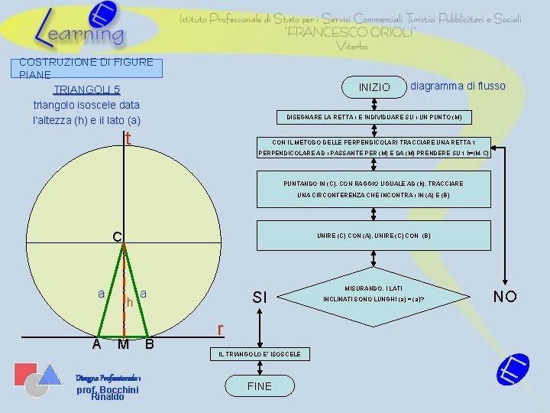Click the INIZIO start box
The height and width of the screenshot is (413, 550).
click(x=374, y=87)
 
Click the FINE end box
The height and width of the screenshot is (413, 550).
click(x=260, y=386)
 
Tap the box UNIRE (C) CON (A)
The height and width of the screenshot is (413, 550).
click(x=374, y=236)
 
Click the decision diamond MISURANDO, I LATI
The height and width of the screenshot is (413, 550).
click(x=374, y=294)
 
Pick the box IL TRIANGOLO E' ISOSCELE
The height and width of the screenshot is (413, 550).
click(x=260, y=354)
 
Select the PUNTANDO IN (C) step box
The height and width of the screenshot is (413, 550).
click(x=374, y=189)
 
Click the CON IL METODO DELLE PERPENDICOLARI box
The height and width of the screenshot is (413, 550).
click(x=374, y=147)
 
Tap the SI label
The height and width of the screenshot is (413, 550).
click(x=260, y=297)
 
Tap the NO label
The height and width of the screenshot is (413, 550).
click(x=505, y=296)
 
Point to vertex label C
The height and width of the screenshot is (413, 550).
click(x=117, y=238)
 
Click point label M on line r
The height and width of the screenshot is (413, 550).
click(x=123, y=345)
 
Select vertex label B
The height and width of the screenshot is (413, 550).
click(x=150, y=344)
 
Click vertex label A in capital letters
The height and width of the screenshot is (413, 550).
click(x=96, y=344)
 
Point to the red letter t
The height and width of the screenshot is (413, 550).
click(x=128, y=138)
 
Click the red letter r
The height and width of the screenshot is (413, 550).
click(x=220, y=330)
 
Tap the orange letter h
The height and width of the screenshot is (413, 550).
click(x=130, y=303)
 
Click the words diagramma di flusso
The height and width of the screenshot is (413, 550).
click(x=458, y=86)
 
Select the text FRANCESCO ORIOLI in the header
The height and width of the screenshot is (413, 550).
click(x=351, y=32)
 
